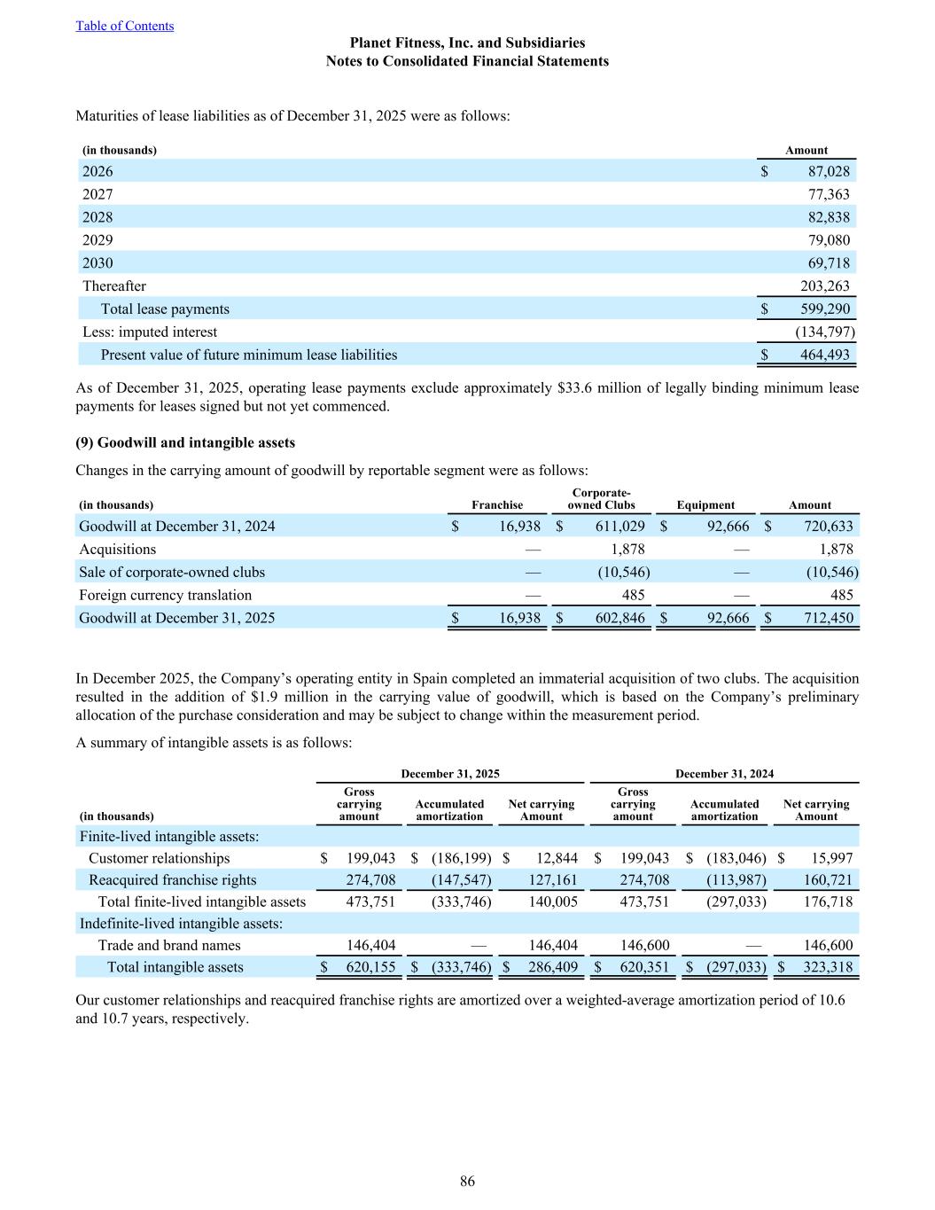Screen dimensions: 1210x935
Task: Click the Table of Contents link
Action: [125, 26]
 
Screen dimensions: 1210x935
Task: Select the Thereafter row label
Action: [114, 285]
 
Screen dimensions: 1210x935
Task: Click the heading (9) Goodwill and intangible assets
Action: [185, 442]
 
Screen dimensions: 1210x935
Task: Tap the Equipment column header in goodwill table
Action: [705, 505]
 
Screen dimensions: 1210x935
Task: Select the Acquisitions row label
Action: [117, 549]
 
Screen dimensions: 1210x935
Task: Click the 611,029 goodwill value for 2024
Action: [617, 526]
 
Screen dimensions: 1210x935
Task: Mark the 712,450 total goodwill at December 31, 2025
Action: [826, 618]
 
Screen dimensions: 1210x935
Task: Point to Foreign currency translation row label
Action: [165, 595]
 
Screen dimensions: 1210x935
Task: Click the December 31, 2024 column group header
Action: [724, 774]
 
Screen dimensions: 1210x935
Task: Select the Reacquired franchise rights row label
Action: [172, 879]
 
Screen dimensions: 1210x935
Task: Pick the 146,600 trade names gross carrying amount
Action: [644, 945]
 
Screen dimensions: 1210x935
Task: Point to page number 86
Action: [467, 1181]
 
